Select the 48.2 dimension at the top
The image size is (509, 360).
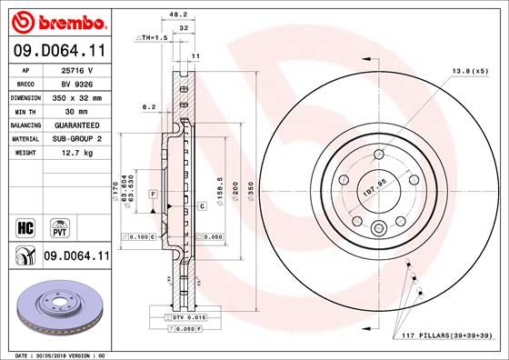click(x=179, y=15)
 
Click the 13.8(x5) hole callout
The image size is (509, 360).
click(x=469, y=70)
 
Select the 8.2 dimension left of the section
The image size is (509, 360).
click(x=150, y=107)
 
